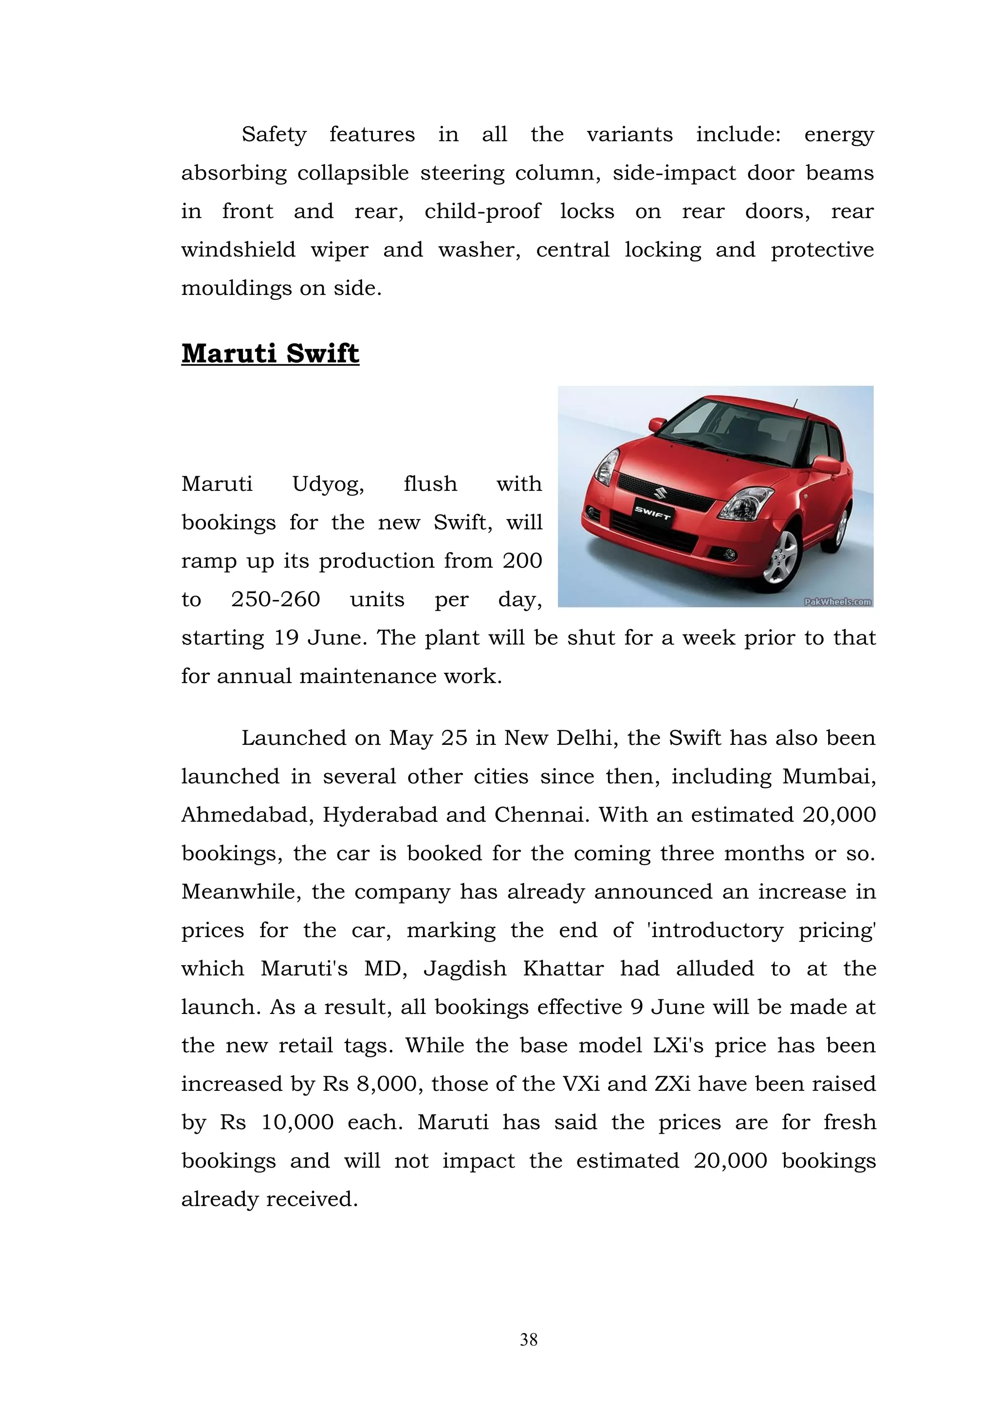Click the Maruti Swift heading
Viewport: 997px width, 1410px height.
270,354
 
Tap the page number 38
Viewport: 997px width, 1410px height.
528,1339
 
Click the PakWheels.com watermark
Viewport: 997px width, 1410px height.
838,602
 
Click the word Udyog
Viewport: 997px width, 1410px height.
328,485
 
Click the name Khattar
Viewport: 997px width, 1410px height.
563,968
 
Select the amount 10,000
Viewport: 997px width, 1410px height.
297,1122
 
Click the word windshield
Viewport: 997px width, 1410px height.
239,250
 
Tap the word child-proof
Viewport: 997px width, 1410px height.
482,212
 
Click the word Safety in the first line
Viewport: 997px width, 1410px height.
274,134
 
